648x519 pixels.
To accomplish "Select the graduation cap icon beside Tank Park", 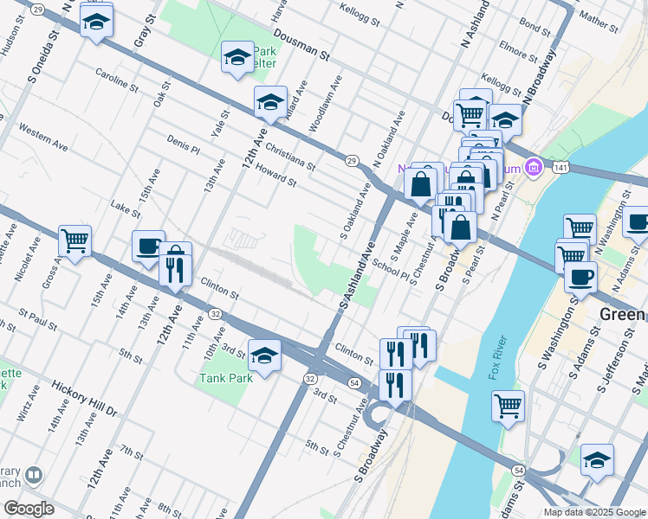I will click(x=265, y=355).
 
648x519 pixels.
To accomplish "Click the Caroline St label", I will click(x=117, y=80).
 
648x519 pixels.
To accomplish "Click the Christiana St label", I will click(x=290, y=155).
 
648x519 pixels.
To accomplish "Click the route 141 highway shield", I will click(x=563, y=166).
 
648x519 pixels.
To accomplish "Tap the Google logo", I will click(x=29, y=509).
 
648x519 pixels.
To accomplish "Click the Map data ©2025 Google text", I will click(x=594, y=512).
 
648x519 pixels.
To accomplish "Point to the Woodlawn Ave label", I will click(x=325, y=101).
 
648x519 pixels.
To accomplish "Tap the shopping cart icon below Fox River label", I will click(x=508, y=406).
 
